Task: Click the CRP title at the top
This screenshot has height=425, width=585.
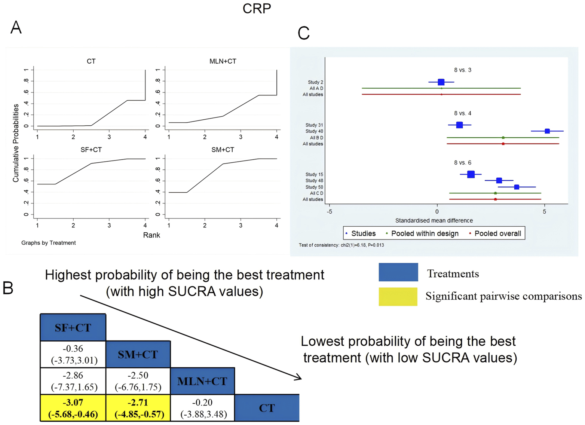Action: tap(257, 8)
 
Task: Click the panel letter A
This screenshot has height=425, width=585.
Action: tap(16, 28)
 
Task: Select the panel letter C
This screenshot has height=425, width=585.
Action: tap(303, 33)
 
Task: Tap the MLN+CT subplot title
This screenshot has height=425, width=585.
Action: tap(223, 61)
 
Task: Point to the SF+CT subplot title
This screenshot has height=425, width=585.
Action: tap(91, 150)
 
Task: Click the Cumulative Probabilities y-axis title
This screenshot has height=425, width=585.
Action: tap(16, 143)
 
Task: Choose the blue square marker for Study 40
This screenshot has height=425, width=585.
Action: tap(547, 131)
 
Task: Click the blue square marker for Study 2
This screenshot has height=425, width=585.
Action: tap(441, 82)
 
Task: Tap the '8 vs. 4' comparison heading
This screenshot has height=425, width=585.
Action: tap(462, 113)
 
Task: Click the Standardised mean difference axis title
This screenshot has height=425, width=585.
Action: tap(434, 220)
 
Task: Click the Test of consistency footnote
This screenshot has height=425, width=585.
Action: tap(341, 245)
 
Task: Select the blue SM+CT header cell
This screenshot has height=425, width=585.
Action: tap(138, 354)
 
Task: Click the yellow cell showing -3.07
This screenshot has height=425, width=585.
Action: tap(73, 408)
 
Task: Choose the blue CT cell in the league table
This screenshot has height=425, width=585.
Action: tap(267, 408)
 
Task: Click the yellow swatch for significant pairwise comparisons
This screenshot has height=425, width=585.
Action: tap(398, 297)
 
